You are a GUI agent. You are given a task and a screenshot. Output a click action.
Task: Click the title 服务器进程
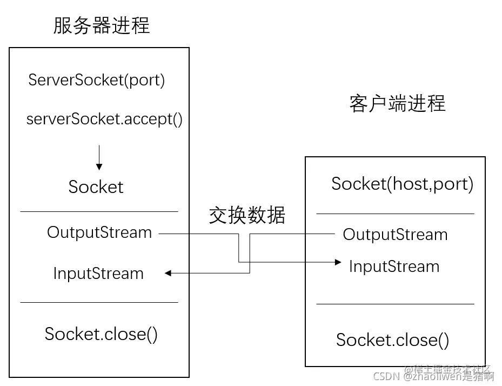coord(101,25)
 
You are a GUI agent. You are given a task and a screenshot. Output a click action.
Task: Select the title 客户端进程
coord(397,103)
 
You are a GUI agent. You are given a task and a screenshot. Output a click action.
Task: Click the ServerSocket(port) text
coord(97,80)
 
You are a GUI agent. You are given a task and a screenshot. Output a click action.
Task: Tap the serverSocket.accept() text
coord(105,119)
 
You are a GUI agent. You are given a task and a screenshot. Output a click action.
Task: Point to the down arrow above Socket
coord(99,158)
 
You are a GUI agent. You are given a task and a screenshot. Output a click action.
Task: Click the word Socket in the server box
coord(96,187)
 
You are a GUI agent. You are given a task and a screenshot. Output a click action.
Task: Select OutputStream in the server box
coord(99,232)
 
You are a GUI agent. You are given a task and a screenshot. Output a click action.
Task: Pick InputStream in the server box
coord(98,274)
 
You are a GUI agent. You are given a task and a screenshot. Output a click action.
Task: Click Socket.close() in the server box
coord(101,334)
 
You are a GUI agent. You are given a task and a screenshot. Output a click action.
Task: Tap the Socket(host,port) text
coord(402,184)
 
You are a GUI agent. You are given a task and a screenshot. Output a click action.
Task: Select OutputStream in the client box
coord(395,235)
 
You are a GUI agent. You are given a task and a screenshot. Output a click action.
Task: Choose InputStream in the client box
coord(394,267)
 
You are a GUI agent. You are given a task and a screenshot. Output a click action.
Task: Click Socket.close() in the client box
coord(392,340)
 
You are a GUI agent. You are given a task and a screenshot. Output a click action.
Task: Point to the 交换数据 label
coord(247,215)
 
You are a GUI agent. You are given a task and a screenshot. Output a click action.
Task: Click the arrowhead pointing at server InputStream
coord(168,274)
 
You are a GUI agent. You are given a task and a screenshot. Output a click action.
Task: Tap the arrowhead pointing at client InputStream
coord(338,262)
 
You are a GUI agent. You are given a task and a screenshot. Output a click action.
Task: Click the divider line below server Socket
coord(99,211)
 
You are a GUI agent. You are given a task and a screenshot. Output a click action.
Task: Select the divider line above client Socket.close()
coord(395,304)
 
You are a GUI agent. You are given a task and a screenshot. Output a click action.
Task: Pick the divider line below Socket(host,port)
coord(395,214)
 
